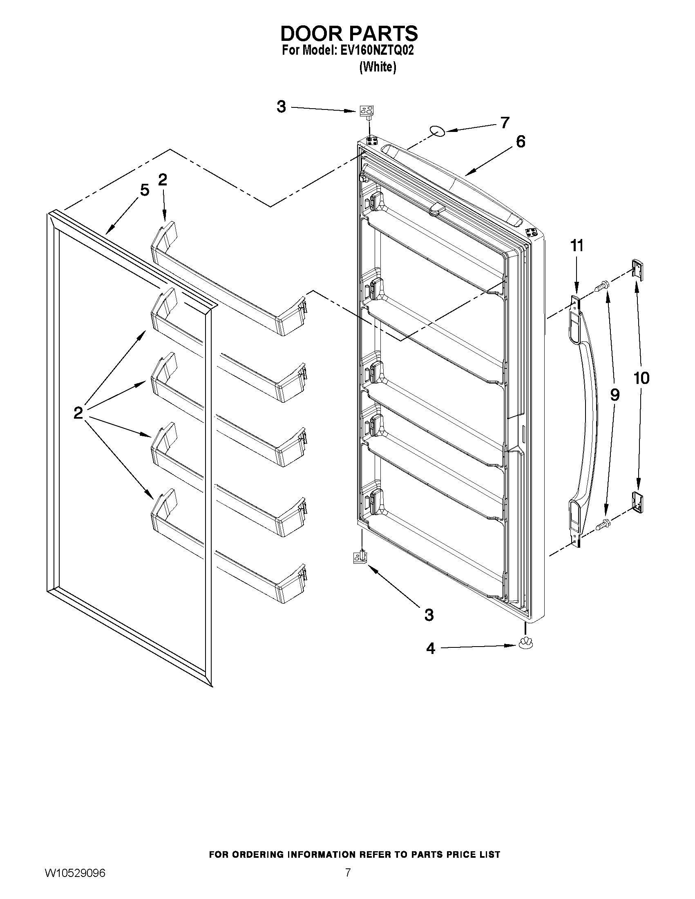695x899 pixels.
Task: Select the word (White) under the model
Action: point(378,67)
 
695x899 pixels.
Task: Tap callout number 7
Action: point(505,122)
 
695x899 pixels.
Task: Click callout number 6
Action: point(521,142)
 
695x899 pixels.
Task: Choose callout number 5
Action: point(144,190)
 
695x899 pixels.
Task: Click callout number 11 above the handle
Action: point(577,246)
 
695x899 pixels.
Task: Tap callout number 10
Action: point(641,378)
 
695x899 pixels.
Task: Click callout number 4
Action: point(430,649)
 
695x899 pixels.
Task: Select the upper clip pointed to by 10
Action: point(637,269)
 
